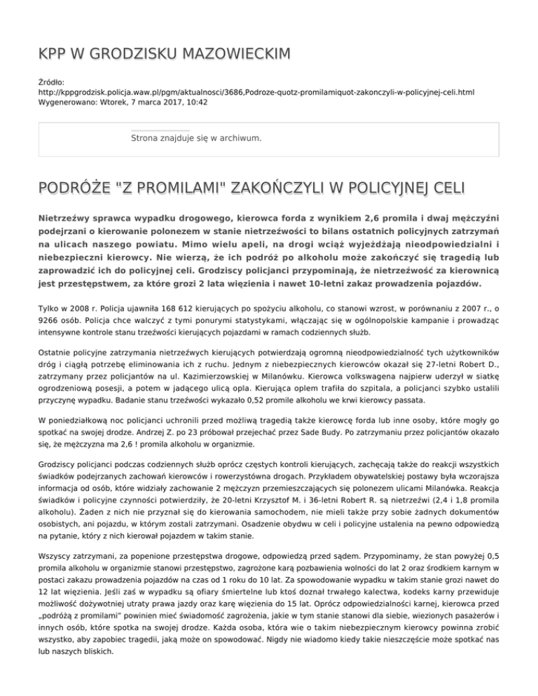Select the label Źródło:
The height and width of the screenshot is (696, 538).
pos(54,82)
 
